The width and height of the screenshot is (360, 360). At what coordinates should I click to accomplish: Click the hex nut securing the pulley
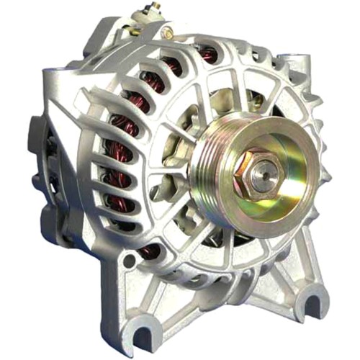click(264, 172)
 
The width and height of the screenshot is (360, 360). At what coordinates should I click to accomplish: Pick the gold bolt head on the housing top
click(167, 32)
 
